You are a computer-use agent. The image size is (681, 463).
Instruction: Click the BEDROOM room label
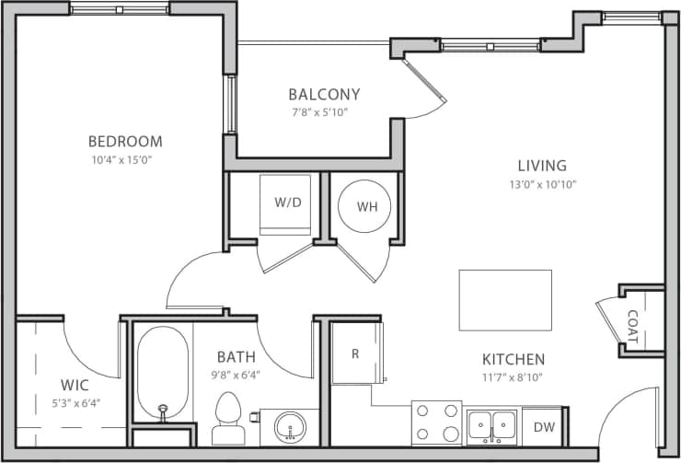125,142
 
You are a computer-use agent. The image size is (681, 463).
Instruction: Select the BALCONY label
323,94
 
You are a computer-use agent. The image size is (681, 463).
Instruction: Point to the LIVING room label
541,166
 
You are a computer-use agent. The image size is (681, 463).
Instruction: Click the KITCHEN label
514,359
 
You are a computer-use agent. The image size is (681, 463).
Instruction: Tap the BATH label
237,356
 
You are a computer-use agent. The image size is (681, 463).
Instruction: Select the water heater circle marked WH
367,206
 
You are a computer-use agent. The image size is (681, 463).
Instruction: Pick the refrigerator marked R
354,353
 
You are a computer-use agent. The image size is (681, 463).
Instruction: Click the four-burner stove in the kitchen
436,423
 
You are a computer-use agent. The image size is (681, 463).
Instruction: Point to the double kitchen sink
491,425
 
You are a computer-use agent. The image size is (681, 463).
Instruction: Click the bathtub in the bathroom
163,373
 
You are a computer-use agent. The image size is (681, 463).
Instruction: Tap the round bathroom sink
291,427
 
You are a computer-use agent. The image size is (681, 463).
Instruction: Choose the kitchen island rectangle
505,300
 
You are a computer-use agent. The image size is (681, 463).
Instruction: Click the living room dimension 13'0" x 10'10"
541,183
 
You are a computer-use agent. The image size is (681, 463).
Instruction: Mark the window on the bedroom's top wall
120,9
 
